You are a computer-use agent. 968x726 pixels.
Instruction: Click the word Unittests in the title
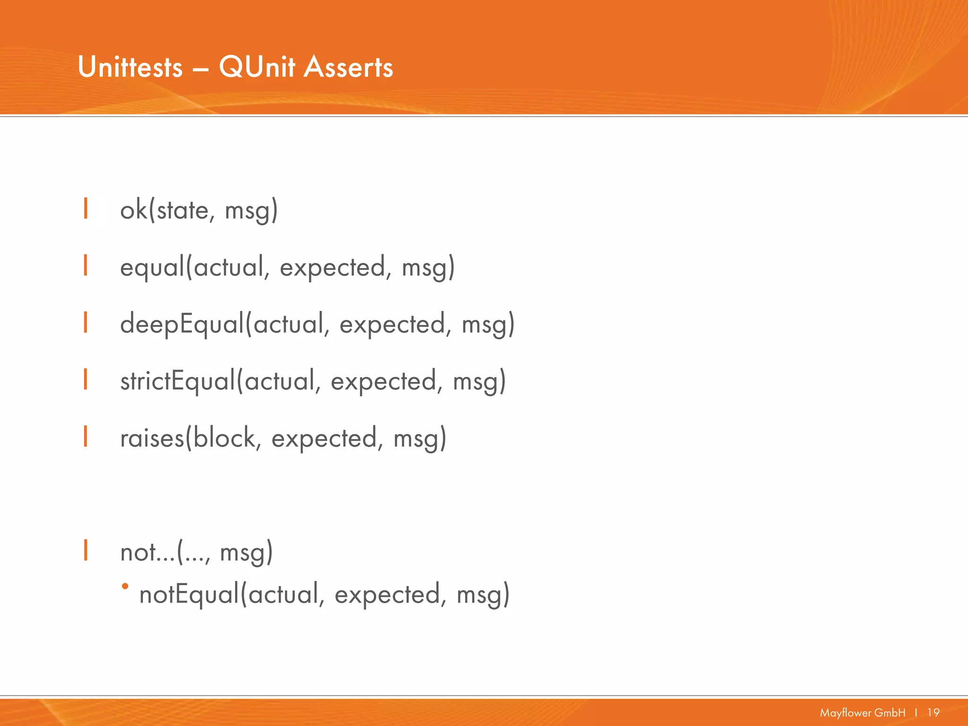[130, 67]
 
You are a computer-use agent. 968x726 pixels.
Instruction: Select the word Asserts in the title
[348, 67]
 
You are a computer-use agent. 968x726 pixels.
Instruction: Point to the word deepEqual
[182, 325]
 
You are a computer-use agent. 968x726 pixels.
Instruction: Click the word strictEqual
[178, 381]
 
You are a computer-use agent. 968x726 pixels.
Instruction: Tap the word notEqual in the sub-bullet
[190, 595]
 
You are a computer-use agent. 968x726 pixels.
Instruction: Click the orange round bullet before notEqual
[125, 587]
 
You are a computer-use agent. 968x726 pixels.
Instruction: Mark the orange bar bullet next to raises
[86, 436]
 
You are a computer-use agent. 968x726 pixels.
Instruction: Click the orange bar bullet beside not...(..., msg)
[86, 550]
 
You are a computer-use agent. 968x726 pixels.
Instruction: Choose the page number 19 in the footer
[933, 712]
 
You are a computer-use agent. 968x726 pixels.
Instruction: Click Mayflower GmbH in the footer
[863, 712]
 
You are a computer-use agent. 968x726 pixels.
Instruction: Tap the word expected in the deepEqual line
[392, 325]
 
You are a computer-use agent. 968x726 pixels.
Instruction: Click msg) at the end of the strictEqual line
[479, 381]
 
